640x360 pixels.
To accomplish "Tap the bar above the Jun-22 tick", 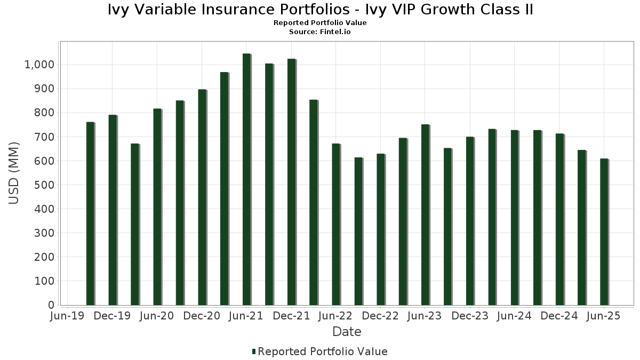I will coord(336,224).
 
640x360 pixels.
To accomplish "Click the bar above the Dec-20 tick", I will coord(202,197).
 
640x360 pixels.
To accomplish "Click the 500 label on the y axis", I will coord(45,185).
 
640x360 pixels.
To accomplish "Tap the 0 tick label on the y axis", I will coord(51,305).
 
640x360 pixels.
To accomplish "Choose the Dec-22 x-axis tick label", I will coord(380,316).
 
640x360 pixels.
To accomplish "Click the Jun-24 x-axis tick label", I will coord(514,316).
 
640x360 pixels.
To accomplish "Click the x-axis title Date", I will coord(347,332).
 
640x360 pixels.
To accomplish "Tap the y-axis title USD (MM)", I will coord(14,173).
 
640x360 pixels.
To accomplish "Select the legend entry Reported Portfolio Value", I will coord(322,351).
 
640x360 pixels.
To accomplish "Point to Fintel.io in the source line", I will coord(335,32).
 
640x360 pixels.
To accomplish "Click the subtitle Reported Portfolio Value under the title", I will coord(320,23).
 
